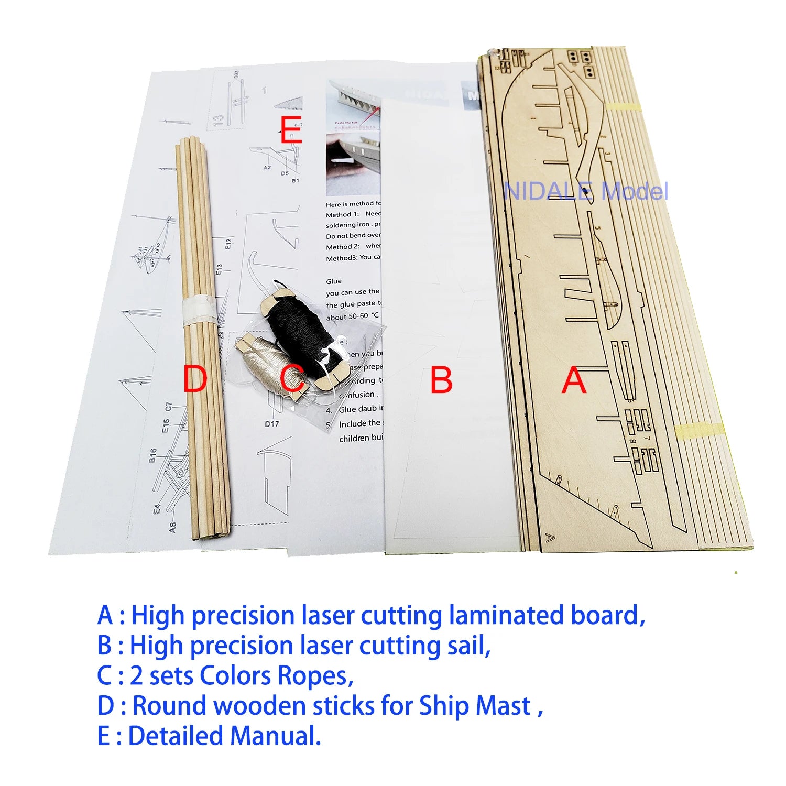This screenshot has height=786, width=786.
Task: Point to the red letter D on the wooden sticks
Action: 195,379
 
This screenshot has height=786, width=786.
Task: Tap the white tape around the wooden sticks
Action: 198,309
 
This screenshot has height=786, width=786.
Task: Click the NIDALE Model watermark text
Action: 585,192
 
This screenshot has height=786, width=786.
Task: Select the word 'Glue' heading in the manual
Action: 334,281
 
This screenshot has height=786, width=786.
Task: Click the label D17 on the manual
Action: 272,424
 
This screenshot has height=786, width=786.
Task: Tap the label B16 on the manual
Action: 152,455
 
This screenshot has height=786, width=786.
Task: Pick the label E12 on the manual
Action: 228,244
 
